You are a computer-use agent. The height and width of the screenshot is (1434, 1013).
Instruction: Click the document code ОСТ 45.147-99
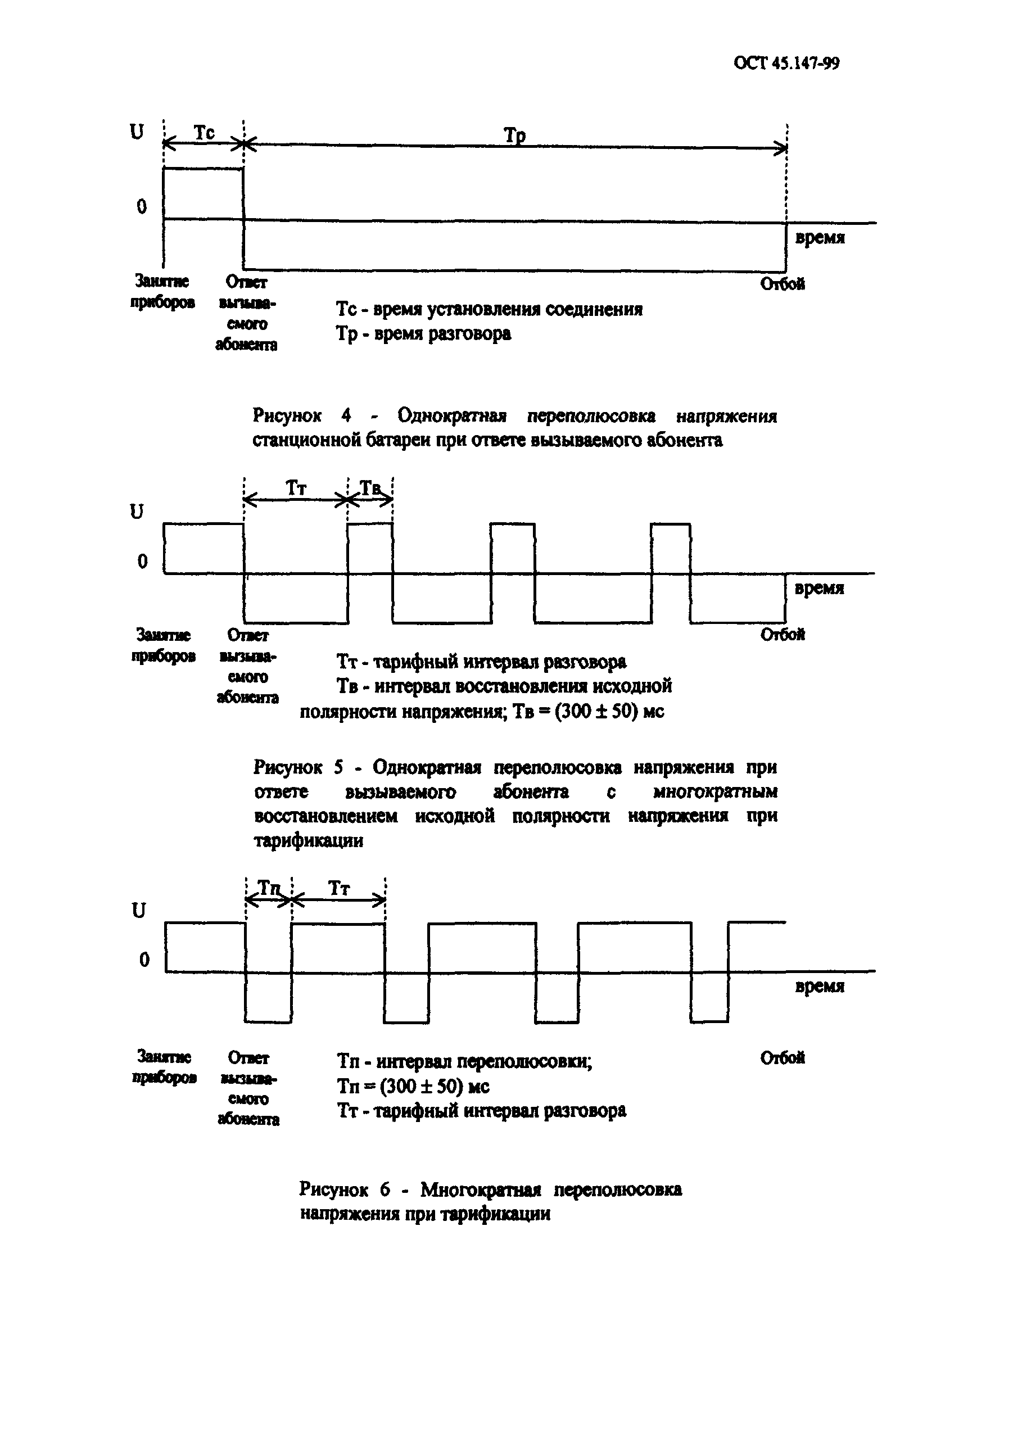[x=786, y=64]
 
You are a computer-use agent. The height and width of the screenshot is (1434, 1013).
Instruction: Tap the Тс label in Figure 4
[x=203, y=133]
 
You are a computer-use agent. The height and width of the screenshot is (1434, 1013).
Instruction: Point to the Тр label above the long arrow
[x=514, y=135]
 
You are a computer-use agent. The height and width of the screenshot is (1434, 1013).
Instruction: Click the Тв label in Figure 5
[x=370, y=488]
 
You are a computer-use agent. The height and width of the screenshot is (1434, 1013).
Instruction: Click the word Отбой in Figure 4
[x=782, y=284]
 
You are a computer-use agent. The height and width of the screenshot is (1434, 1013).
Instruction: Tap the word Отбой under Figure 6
[x=782, y=1058]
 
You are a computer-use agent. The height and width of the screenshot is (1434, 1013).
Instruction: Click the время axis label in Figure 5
[x=818, y=589]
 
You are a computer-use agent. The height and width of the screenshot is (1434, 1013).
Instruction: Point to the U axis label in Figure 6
[x=139, y=911]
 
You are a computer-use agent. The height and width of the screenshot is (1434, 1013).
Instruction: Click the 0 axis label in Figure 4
[x=142, y=207]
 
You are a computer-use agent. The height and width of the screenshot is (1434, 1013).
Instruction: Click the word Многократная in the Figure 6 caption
[x=480, y=1189]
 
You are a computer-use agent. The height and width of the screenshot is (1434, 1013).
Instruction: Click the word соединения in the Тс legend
[x=594, y=310]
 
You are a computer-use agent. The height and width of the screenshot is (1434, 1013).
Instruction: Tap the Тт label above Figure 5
[x=296, y=488]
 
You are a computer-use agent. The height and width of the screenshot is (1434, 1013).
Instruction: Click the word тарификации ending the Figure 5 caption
[x=309, y=840]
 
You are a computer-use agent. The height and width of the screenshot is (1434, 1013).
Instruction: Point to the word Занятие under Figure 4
[x=162, y=282]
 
